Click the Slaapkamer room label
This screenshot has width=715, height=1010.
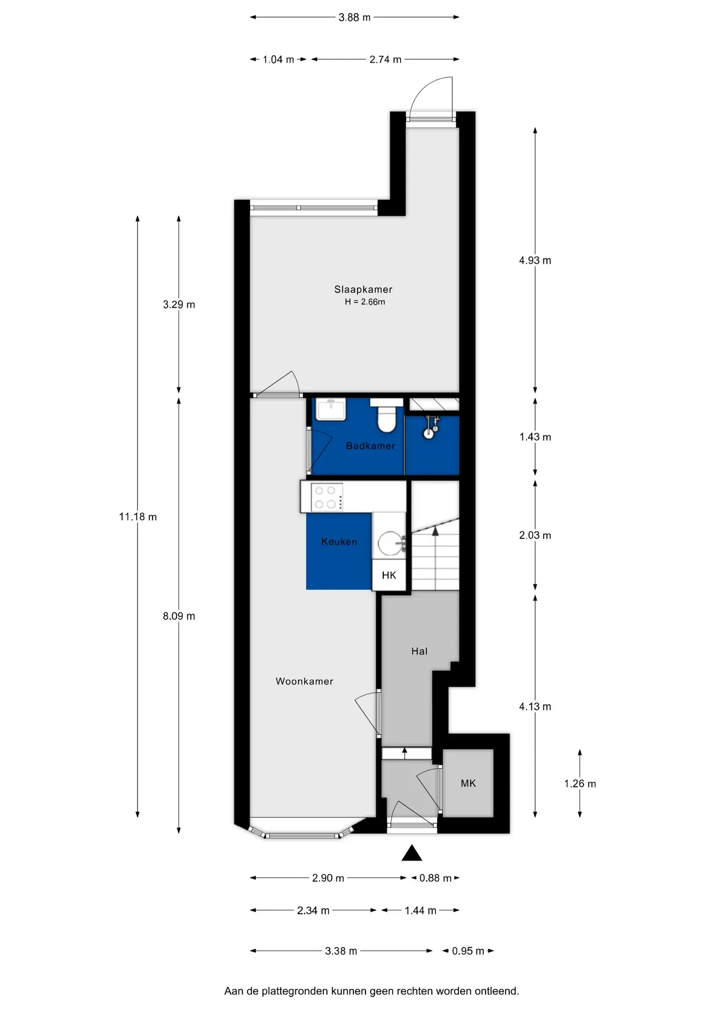pos(363,289)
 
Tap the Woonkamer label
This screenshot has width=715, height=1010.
pos(304,681)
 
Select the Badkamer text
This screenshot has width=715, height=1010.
pos(370,446)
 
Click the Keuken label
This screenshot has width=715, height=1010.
pos(339,541)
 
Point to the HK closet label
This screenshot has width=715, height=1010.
pos(389,575)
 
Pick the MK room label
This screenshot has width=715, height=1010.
pos(468,783)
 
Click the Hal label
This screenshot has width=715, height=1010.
pos(419,651)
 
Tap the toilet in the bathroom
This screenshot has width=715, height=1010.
pos(386,415)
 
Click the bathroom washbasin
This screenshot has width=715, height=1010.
pos(331,409)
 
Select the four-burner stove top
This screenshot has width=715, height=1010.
pos(326,497)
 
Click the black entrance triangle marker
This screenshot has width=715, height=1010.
pos(412,853)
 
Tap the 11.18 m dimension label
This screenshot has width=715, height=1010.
pos(138,517)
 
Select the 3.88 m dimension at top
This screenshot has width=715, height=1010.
pos(354,17)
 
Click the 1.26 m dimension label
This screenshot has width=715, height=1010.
pos(580,783)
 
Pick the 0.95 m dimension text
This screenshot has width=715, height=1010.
pos(468,951)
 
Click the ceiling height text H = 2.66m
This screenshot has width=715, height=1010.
pos(365,302)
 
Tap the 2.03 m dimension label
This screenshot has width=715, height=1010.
pos(535,535)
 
